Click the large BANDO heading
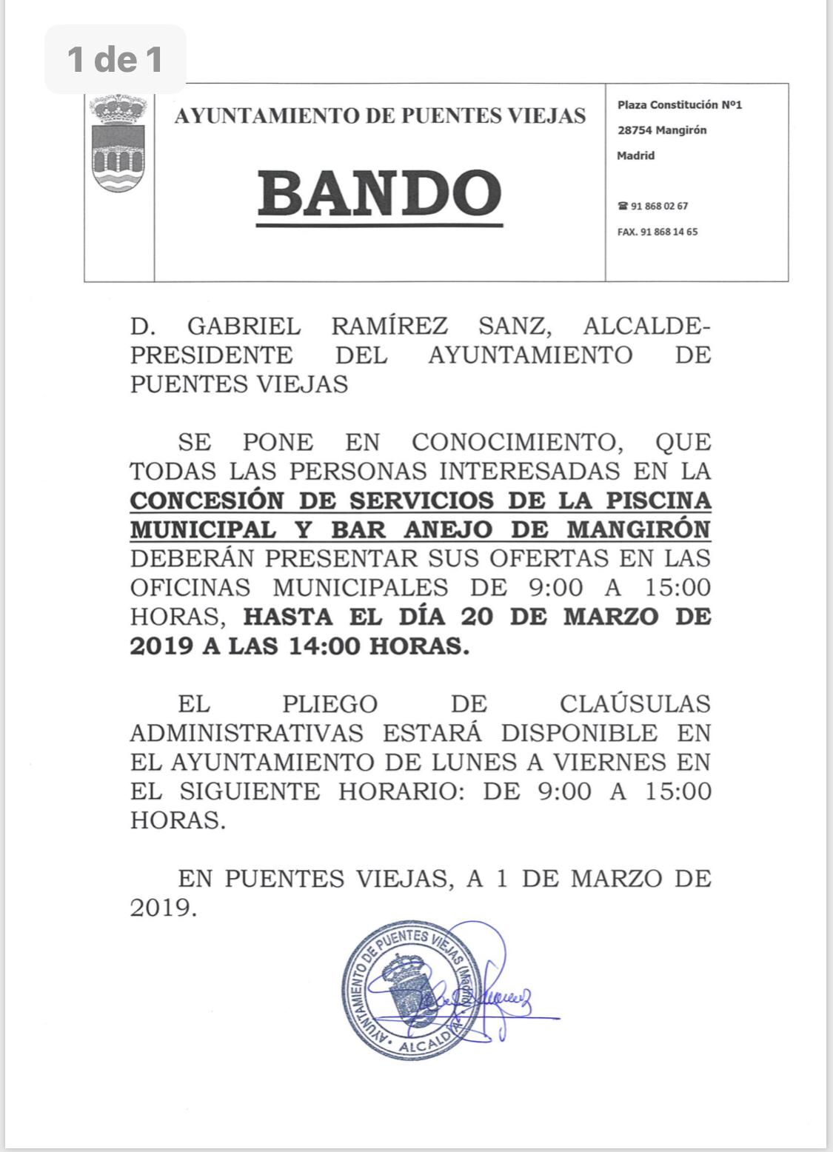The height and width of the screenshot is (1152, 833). [379, 194]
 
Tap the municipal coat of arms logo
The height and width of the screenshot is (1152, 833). [118, 144]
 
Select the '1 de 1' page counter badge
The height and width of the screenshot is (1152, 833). [115, 59]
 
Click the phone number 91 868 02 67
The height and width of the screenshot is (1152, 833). [658, 207]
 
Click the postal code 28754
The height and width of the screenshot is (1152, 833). [635, 130]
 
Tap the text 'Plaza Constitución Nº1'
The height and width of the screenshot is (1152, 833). [679, 105]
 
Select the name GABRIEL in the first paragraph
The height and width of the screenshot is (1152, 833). [244, 326]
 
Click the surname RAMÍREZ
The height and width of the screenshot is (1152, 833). [389, 326]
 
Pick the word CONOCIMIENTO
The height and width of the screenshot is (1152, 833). [514, 443]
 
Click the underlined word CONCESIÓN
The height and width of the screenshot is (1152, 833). [207, 500]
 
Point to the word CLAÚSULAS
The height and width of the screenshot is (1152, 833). [635, 704]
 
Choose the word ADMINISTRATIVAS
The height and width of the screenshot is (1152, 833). [247, 733]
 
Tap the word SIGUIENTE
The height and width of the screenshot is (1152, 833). [250, 791]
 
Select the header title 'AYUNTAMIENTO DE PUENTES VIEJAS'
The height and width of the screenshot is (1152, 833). [380, 116]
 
